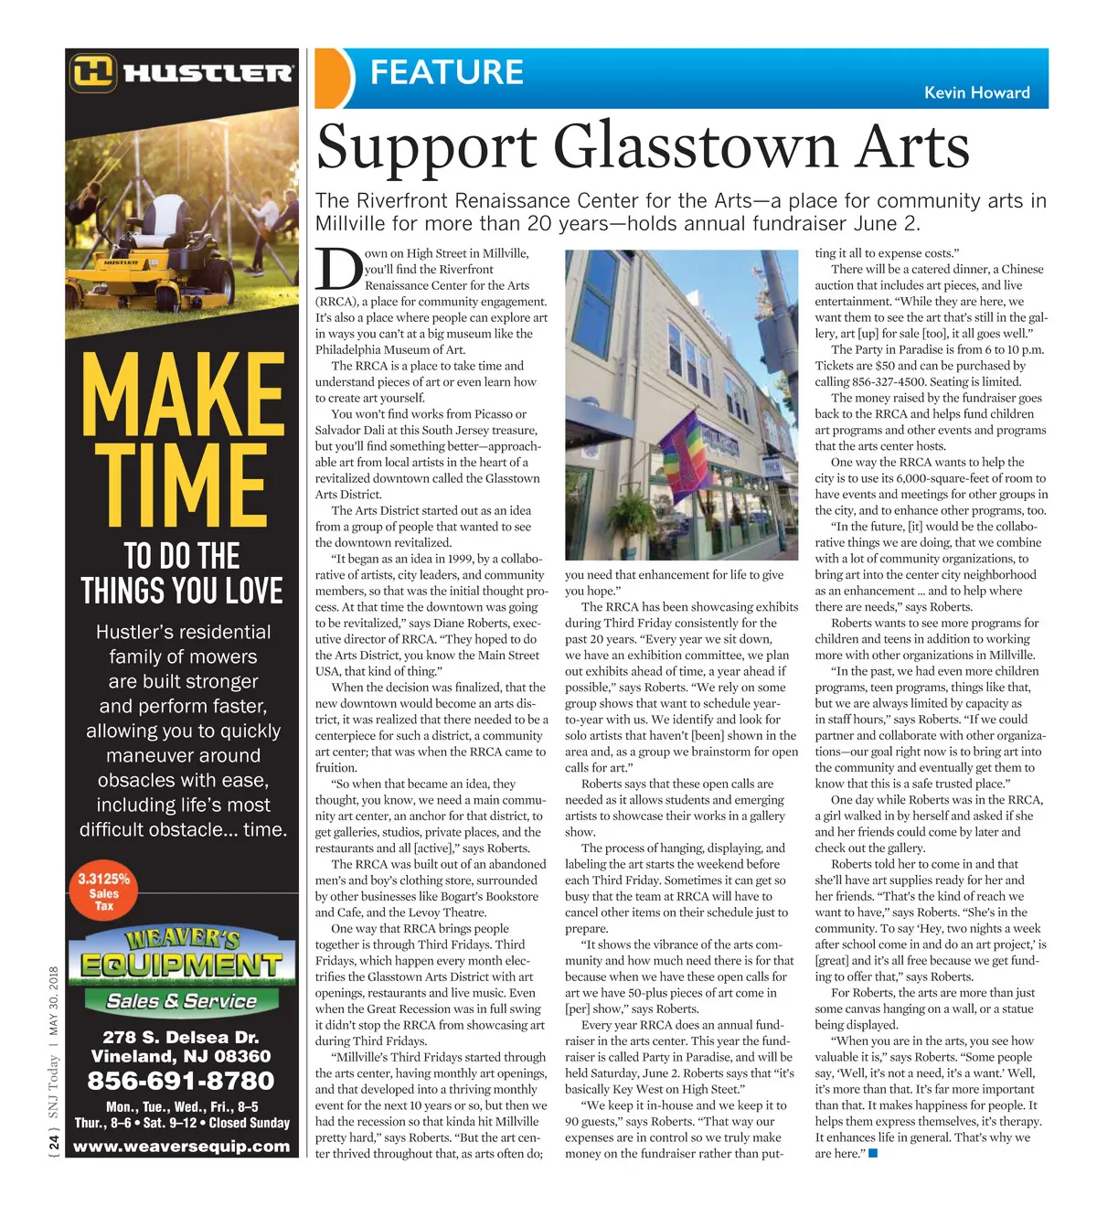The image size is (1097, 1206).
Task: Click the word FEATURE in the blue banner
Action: click(x=446, y=72)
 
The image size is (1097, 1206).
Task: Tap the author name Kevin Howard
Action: click(x=976, y=92)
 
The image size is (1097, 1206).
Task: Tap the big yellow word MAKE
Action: click(x=183, y=395)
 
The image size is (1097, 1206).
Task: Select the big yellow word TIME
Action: click(x=183, y=486)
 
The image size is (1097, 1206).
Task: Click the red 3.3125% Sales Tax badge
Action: click(x=104, y=891)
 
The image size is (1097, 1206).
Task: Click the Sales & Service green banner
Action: click(x=182, y=1000)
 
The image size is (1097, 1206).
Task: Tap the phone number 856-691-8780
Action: click(x=181, y=1081)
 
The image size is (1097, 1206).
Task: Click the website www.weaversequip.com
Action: click(x=181, y=1146)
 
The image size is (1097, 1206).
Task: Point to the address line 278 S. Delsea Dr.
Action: click(x=181, y=1037)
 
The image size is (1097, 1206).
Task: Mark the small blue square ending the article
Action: click(x=873, y=1153)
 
